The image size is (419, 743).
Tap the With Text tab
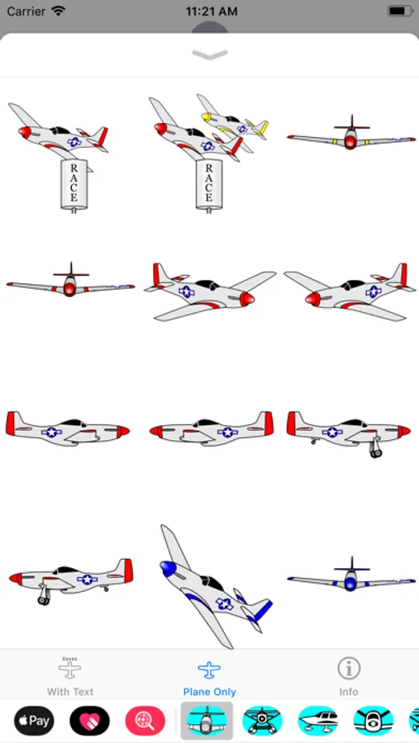pos(70,677)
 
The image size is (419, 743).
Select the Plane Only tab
pos(209,677)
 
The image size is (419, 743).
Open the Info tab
pos(349,677)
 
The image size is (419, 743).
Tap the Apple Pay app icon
pos(34,721)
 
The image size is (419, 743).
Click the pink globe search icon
pos(145,721)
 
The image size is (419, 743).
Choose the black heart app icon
pos(90,721)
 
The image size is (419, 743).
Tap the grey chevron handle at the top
pos(210,55)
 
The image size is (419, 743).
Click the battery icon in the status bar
pos(399,12)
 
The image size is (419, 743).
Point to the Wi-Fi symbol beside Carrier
pos(59,11)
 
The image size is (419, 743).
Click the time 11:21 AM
pos(212,12)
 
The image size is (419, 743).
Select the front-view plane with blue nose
pos(351,576)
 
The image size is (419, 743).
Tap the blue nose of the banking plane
pos(168,568)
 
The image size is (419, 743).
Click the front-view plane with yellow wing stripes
pos(351,135)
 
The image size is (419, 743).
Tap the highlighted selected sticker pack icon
pos(207,721)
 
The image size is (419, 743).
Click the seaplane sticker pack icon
pos(263,721)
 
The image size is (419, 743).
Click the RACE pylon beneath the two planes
pos(209,185)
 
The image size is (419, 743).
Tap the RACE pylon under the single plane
pos(74,185)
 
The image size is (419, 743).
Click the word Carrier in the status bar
pos(26,12)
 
